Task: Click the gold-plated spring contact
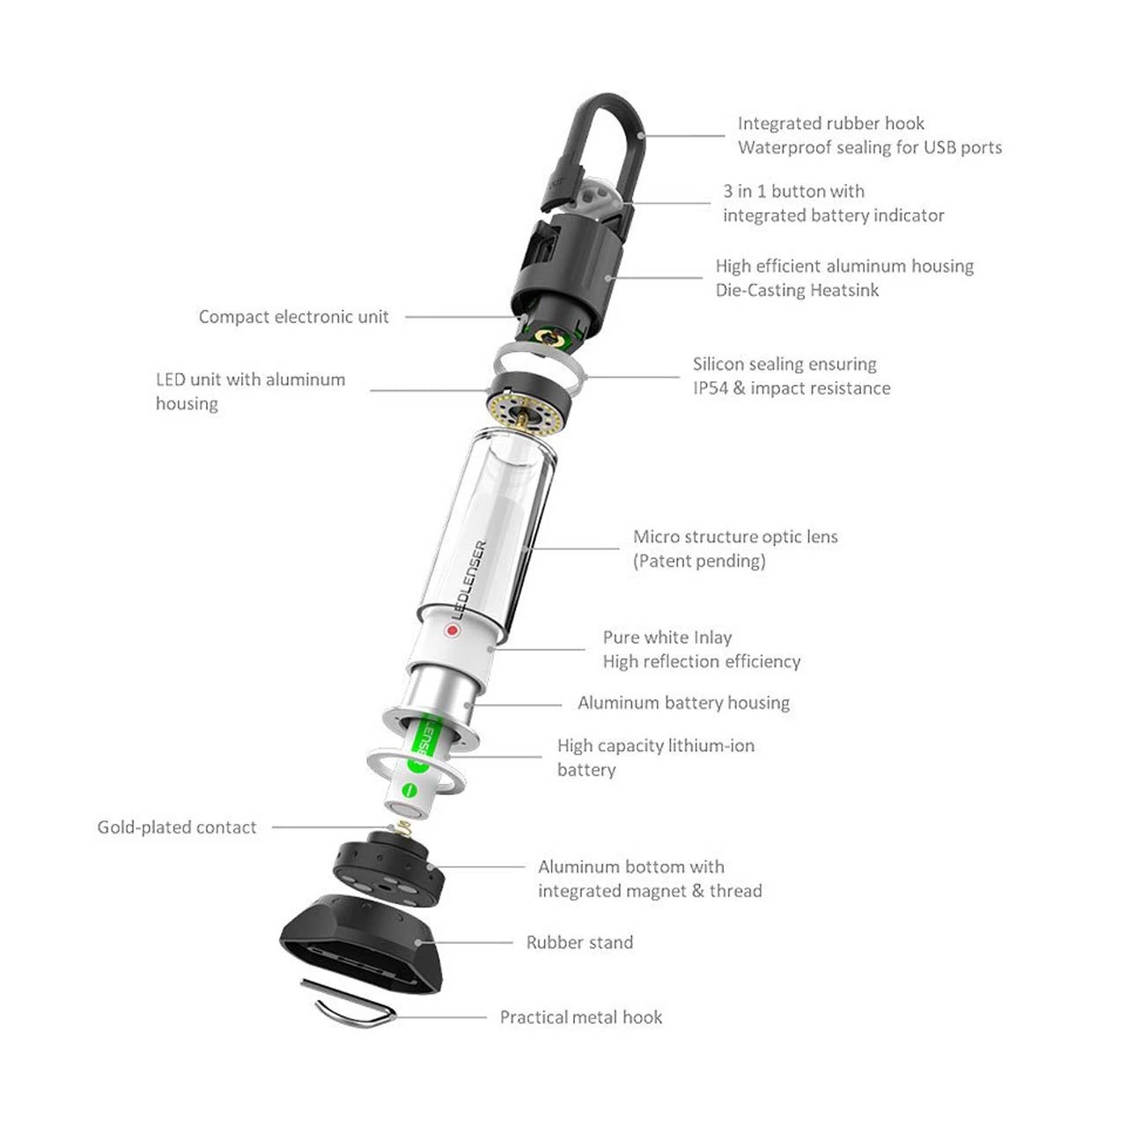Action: click(x=402, y=828)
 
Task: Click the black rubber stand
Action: click(x=364, y=943)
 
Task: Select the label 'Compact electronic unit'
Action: click(x=293, y=317)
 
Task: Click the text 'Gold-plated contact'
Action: click(x=177, y=828)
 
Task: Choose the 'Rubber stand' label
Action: click(x=579, y=942)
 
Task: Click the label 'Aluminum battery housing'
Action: click(x=684, y=703)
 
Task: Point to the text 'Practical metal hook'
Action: click(x=581, y=1017)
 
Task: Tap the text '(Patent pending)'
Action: click(x=699, y=561)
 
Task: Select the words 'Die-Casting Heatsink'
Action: click(x=797, y=290)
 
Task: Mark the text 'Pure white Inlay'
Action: click(x=667, y=637)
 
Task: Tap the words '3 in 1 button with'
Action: click(x=793, y=191)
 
